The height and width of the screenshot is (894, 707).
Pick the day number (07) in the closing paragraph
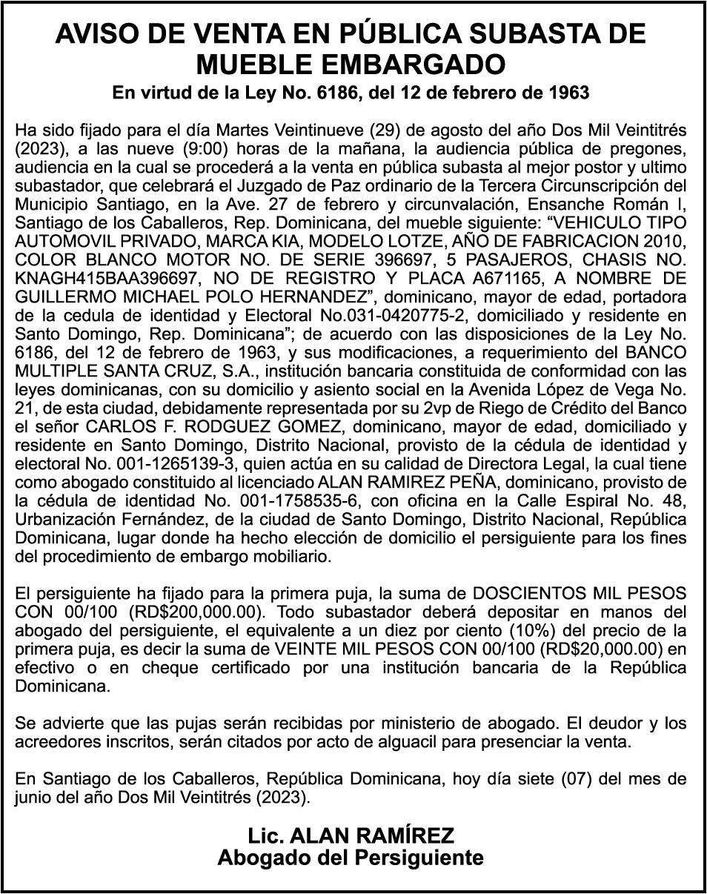(569, 779)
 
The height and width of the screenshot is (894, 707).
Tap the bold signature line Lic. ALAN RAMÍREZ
(351, 837)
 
